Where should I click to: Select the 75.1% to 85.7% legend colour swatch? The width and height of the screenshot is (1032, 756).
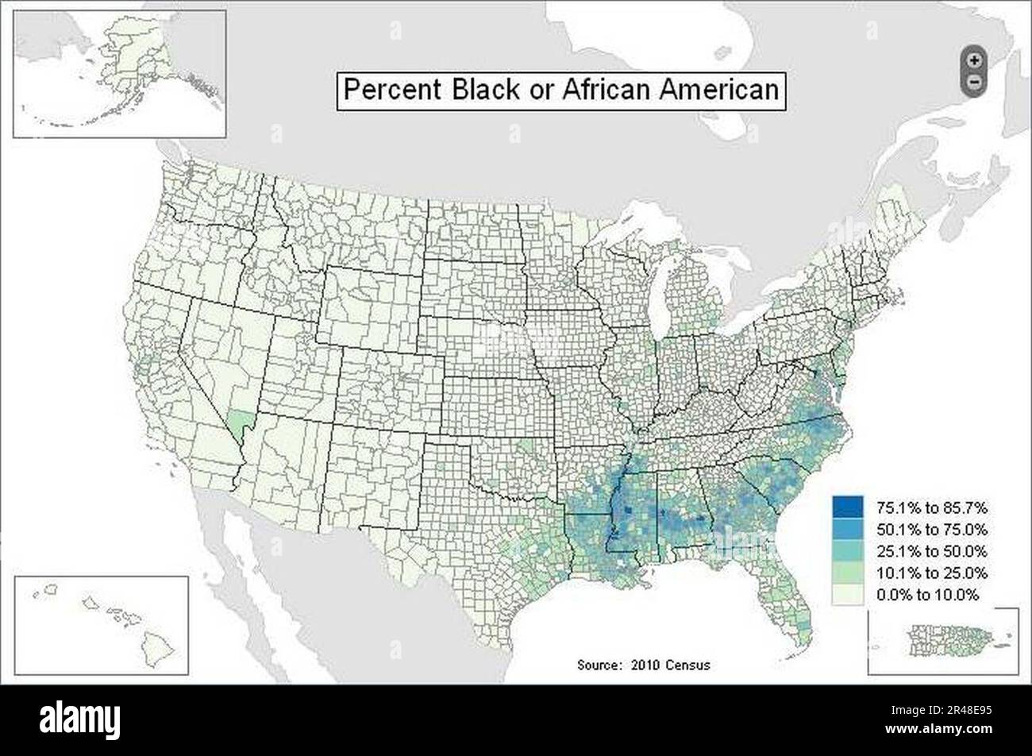tap(847, 506)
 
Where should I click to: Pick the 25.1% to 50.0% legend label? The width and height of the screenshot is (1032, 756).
tap(931, 550)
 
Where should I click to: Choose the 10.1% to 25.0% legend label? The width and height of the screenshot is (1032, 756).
tap(931, 573)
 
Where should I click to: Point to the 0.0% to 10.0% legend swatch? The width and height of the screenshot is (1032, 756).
tap(847, 594)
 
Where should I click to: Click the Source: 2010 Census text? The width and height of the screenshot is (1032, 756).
tap(643, 665)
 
